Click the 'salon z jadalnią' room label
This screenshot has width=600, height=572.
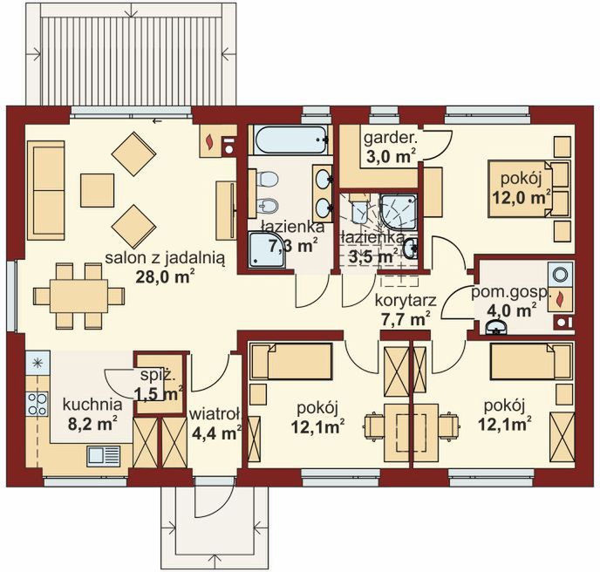point(165,259)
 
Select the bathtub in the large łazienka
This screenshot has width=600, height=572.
point(291,140)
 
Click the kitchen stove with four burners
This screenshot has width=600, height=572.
point(37,404)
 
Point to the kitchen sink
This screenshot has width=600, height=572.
point(104,456)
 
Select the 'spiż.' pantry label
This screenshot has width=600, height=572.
point(158,376)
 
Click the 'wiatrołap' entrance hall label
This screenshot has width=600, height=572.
point(215,415)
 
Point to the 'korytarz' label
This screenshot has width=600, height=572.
point(406,300)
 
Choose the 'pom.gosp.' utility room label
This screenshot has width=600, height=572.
point(510,292)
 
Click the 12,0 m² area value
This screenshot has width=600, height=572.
point(522,197)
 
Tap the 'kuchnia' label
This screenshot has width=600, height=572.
point(92,405)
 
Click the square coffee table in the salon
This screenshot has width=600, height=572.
point(97,190)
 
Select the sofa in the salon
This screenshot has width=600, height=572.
point(45,190)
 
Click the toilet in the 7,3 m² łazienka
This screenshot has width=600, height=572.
point(267,178)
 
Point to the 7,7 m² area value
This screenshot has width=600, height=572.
point(406,318)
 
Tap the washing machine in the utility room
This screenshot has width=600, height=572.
point(560,275)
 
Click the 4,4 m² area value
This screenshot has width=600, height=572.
point(216,433)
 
